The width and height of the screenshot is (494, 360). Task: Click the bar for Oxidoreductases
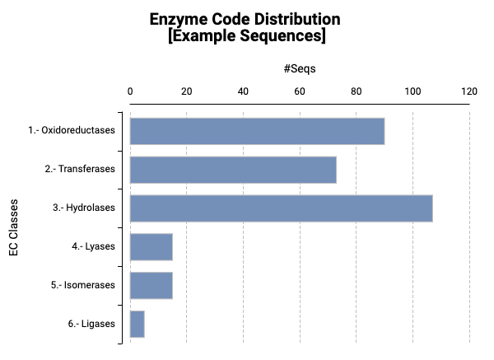257,131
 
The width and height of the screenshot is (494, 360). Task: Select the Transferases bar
233,170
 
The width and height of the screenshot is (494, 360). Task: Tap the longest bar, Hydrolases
281,208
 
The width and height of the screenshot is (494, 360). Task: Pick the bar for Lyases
151,246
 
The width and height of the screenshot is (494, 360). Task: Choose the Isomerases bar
151,285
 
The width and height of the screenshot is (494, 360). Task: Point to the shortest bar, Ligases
137,324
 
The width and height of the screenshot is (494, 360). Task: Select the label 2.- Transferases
80,170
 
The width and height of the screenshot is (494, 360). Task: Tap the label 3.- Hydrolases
83,208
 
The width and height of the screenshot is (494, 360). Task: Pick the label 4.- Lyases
93,246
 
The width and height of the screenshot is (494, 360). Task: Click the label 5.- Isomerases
82,285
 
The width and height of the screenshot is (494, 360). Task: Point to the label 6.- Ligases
92,324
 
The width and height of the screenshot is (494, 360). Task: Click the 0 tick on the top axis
130,91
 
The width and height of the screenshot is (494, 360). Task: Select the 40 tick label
243,91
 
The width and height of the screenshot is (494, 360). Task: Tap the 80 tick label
356,91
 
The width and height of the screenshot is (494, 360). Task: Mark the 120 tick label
469,91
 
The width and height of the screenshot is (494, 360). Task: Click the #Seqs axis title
300,69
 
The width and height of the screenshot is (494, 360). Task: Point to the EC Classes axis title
15,227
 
